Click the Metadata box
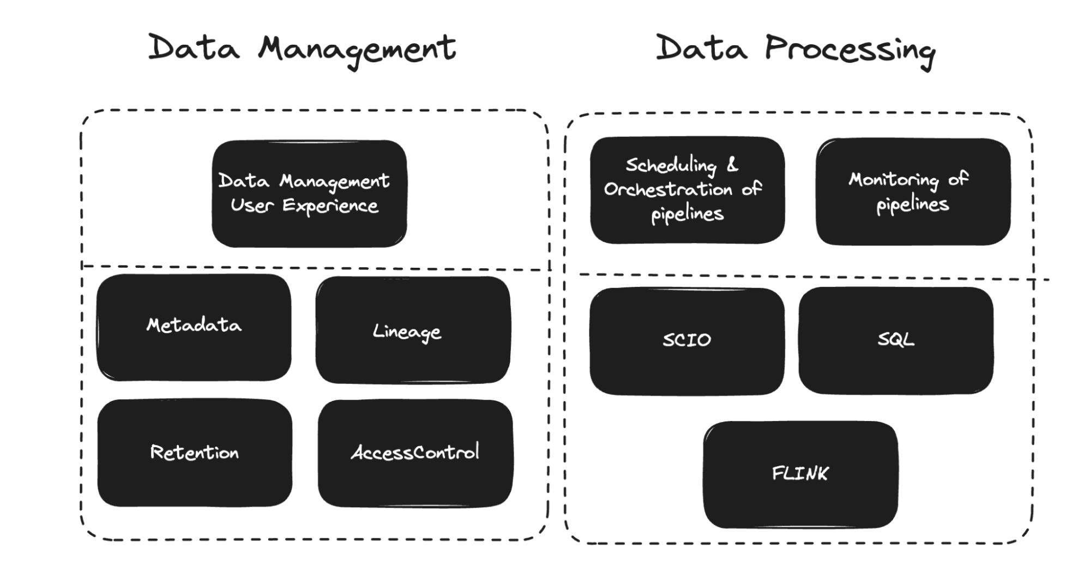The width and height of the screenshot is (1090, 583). pyautogui.click(x=194, y=327)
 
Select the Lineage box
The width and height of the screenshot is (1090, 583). pyautogui.click(x=413, y=330)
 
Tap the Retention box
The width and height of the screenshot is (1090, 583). pyautogui.click(x=195, y=453)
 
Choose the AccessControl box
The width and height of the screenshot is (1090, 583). pyautogui.click(x=415, y=453)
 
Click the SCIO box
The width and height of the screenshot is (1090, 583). pyautogui.click(x=686, y=341)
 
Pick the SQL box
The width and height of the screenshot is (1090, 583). pyautogui.click(x=895, y=340)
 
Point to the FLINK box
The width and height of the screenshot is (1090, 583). pyautogui.click(x=800, y=474)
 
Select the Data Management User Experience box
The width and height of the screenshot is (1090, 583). pyautogui.click(x=309, y=194)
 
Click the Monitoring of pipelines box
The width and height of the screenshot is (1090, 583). pyautogui.click(x=913, y=191)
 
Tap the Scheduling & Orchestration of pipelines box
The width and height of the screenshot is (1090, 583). pyautogui.click(x=687, y=190)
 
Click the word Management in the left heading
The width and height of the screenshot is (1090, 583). pyautogui.click(x=357, y=49)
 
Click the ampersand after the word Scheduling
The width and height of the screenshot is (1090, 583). pyautogui.click(x=732, y=164)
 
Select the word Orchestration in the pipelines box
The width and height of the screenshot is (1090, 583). pyautogui.click(x=668, y=189)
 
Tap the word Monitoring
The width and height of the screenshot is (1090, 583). pyautogui.click(x=893, y=179)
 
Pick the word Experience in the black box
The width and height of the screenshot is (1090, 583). pyautogui.click(x=330, y=206)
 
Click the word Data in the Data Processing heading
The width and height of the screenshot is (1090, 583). pyautogui.click(x=701, y=48)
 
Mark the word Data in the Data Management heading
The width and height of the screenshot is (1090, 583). pyautogui.click(x=194, y=48)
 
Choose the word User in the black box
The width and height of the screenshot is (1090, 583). pyautogui.click(x=251, y=205)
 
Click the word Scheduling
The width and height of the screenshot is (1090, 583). pyautogui.click(x=671, y=165)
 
